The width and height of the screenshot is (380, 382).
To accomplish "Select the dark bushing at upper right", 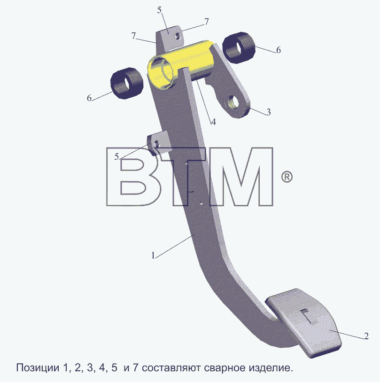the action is tap(239, 48).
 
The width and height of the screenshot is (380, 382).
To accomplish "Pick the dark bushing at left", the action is tap(127, 83).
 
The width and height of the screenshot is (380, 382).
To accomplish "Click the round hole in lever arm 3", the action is tap(233, 103).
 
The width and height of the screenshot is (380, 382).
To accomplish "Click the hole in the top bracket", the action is tap(178, 36).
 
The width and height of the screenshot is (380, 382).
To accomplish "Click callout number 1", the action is tap(153, 255).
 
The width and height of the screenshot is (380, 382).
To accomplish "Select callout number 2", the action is tap(366, 336).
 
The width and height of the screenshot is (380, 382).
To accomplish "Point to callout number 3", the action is tap(268, 112).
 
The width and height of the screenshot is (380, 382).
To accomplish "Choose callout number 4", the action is tap(213, 122).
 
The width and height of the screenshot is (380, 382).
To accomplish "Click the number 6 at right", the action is tap(279, 50).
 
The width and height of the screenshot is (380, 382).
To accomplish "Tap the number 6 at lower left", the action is tap(89, 98).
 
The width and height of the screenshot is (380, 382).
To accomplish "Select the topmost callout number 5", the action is tap(159, 10).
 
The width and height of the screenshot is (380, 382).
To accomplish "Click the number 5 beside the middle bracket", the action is tap(116, 156).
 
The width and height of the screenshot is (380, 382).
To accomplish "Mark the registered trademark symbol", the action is tap(287, 177).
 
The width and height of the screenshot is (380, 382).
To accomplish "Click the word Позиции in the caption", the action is tap(38, 367).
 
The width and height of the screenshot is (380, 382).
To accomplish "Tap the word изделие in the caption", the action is tap(271, 367).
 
